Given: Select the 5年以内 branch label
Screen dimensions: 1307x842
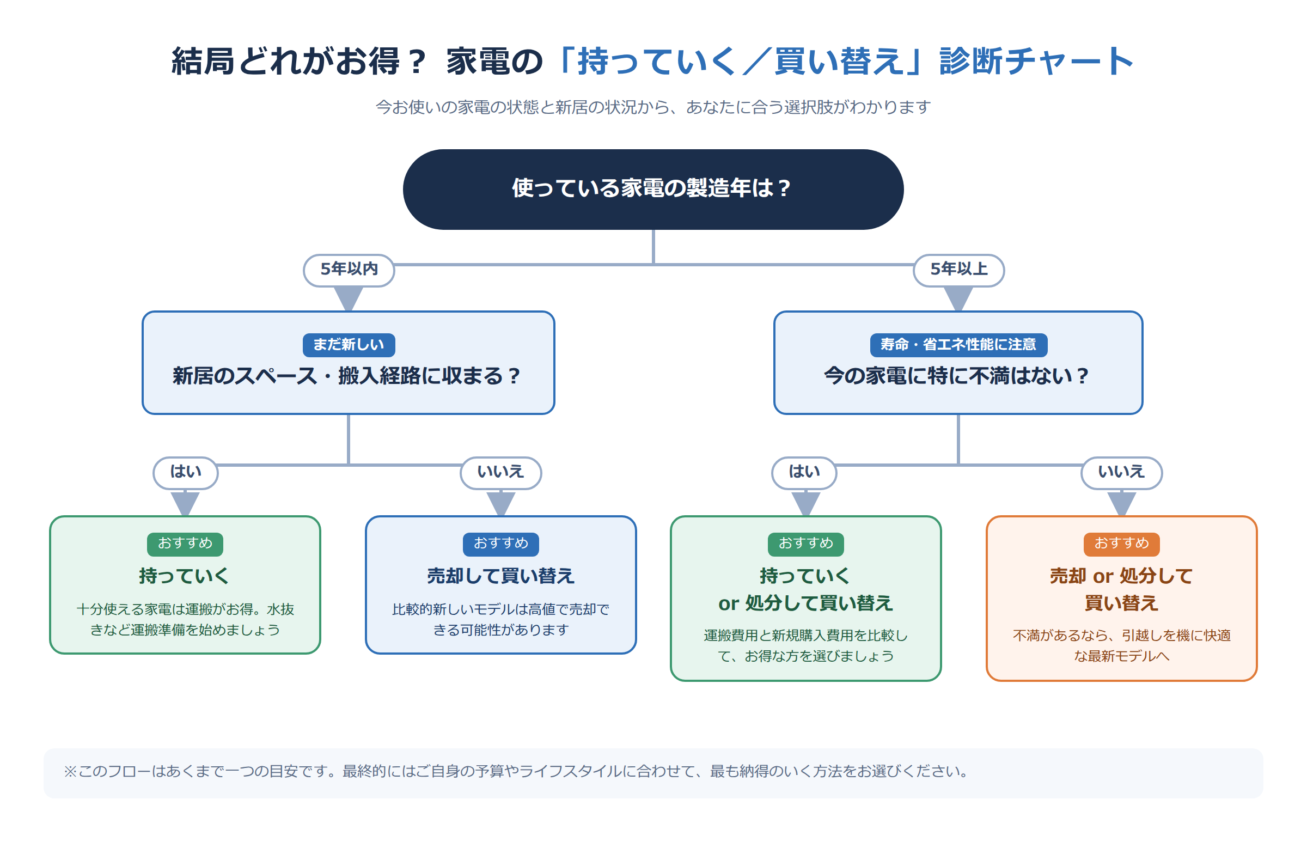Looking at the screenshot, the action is coord(349,270).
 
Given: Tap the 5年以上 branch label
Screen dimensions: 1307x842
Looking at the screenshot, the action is coord(958,270).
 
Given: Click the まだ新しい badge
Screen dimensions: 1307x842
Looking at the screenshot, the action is coord(349,344).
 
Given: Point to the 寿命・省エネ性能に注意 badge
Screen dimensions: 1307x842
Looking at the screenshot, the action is coord(958,344).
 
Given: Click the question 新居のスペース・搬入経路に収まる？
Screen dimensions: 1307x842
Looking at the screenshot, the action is coord(347,376).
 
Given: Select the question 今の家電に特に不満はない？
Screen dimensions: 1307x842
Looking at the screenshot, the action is coord(957,376).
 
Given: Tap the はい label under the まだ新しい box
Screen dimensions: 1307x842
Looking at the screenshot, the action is coord(185,472).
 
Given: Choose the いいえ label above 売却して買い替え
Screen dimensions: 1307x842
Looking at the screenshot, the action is coord(500,472).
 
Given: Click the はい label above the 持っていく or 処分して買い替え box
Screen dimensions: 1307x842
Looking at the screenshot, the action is coord(804,472).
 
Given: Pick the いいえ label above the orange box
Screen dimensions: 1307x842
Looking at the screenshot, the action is coord(1121,472).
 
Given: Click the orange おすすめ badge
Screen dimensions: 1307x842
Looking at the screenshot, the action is coord(1121,544).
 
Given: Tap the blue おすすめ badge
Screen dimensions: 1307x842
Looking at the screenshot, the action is coord(500,544).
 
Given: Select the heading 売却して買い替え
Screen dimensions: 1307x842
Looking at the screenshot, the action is coord(500,576).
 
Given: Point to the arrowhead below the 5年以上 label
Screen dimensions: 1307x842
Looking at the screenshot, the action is coord(958,298).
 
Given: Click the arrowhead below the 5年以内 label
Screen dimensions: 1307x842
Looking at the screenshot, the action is coord(349,298).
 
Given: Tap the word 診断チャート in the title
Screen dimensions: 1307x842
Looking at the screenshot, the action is coord(1036,61).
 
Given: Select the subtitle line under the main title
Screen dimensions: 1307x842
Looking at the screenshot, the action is coord(652,107).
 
